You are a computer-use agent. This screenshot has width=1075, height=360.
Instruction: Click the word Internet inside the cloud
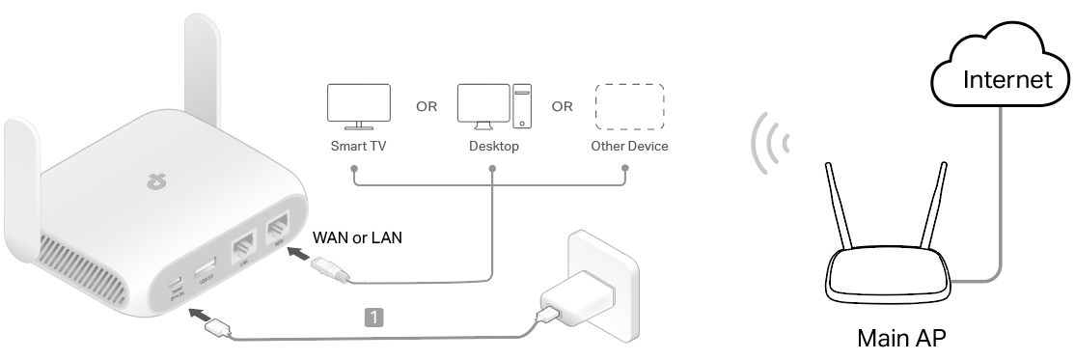click(x=1008, y=79)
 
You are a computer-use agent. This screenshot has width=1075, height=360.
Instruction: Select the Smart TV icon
click(x=359, y=106)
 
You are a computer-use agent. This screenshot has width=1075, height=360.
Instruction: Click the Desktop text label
click(x=493, y=147)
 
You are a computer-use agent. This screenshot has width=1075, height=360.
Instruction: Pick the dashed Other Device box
click(x=628, y=106)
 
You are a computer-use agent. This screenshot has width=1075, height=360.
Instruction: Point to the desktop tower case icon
click(x=522, y=106)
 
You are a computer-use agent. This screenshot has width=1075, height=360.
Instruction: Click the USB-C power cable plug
click(x=218, y=329)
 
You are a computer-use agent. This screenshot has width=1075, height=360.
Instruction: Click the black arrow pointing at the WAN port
click(x=300, y=257)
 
